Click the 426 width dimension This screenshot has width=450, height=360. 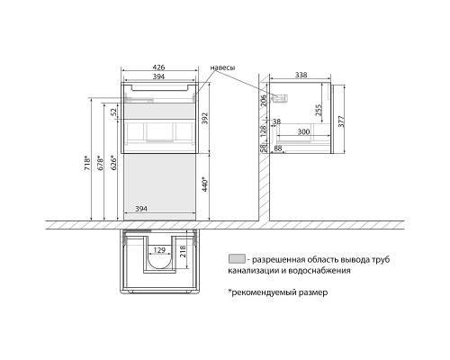(158, 67)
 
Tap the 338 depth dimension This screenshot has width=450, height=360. (301, 75)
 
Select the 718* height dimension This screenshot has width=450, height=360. (87, 164)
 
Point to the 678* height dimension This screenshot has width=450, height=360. (101, 163)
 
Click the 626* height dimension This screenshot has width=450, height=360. (113, 163)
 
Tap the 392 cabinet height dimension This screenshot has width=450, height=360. (204, 119)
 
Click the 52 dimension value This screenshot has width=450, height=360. (113, 112)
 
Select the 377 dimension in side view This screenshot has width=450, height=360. (341, 121)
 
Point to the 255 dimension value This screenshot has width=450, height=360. (319, 110)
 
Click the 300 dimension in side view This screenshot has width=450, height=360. (303, 131)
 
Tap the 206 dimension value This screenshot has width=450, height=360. (263, 100)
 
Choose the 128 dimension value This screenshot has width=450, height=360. (263, 131)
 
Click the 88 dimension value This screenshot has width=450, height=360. (278, 148)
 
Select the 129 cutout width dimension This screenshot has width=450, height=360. (159, 250)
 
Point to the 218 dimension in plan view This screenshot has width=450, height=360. (183, 251)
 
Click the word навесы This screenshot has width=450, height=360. (222, 67)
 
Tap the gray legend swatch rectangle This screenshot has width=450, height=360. (237, 259)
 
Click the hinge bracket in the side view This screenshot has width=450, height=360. (280, 98)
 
